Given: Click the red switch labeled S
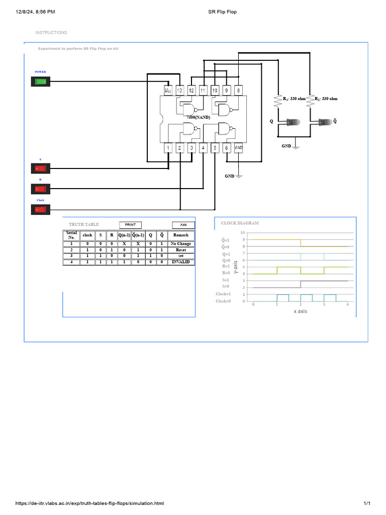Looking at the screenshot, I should (x=40, y=168).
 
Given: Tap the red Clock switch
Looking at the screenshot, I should (x=40, y=209).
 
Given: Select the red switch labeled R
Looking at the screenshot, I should (x=40, y=189).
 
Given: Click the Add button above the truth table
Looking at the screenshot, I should (x=183, y=225).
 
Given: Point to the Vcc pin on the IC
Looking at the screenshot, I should (x=168, y=91).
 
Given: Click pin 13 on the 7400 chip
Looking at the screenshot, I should (x=179, y=91).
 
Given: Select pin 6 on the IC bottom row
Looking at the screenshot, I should (x=227, y=148).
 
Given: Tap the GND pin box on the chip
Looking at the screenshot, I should (x=239, y=148).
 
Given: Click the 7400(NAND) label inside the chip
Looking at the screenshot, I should (x=198, y=117).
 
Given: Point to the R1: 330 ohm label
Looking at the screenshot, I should (x=294, y=99).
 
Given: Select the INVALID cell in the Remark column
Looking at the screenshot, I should (x=181, y=262).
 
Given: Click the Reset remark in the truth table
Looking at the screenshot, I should (x=181, y=249).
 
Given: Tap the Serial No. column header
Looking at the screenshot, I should (x=71, y=235).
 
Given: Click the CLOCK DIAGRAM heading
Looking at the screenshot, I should (x=240, y=223).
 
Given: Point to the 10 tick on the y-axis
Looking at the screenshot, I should (x=243, y=233).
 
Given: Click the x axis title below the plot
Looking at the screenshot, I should (x=300, y=311).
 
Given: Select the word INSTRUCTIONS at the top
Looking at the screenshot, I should (x=51, y=33).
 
